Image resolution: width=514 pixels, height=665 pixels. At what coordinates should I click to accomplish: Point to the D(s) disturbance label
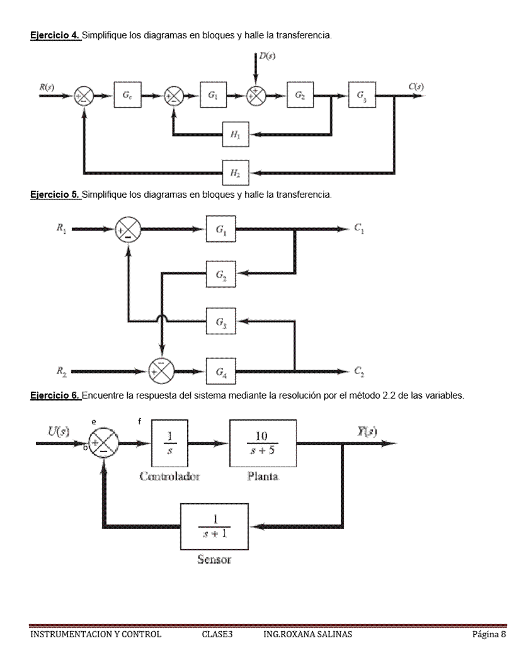tap(267, 57)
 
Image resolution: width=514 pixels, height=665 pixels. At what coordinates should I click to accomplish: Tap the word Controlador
tap(170, 476)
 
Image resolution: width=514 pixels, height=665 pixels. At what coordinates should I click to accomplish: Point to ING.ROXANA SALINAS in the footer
tap(308, 634)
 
